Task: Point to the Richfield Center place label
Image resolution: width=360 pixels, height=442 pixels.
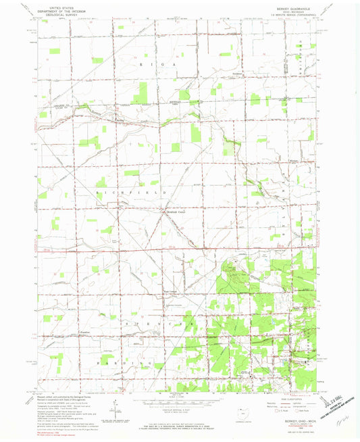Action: [x=175, y=210]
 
